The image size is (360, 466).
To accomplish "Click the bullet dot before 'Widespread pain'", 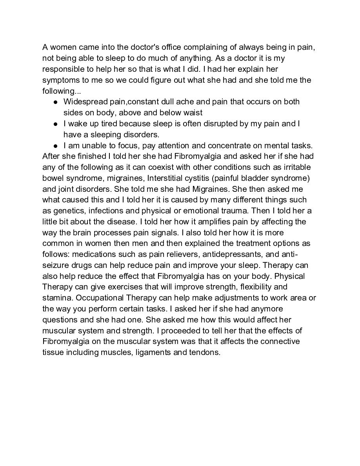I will pyautogui.click(x=56, y=102).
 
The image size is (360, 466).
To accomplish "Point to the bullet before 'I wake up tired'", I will pyautogui.click(x=56, y=124).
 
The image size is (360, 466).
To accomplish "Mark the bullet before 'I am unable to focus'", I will pyautogui.click(x=56, y=146).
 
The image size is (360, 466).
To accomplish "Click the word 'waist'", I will pyautogui.click(x=192, y=113).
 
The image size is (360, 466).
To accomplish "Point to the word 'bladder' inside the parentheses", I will pyautogui.click(x=262, y=178).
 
